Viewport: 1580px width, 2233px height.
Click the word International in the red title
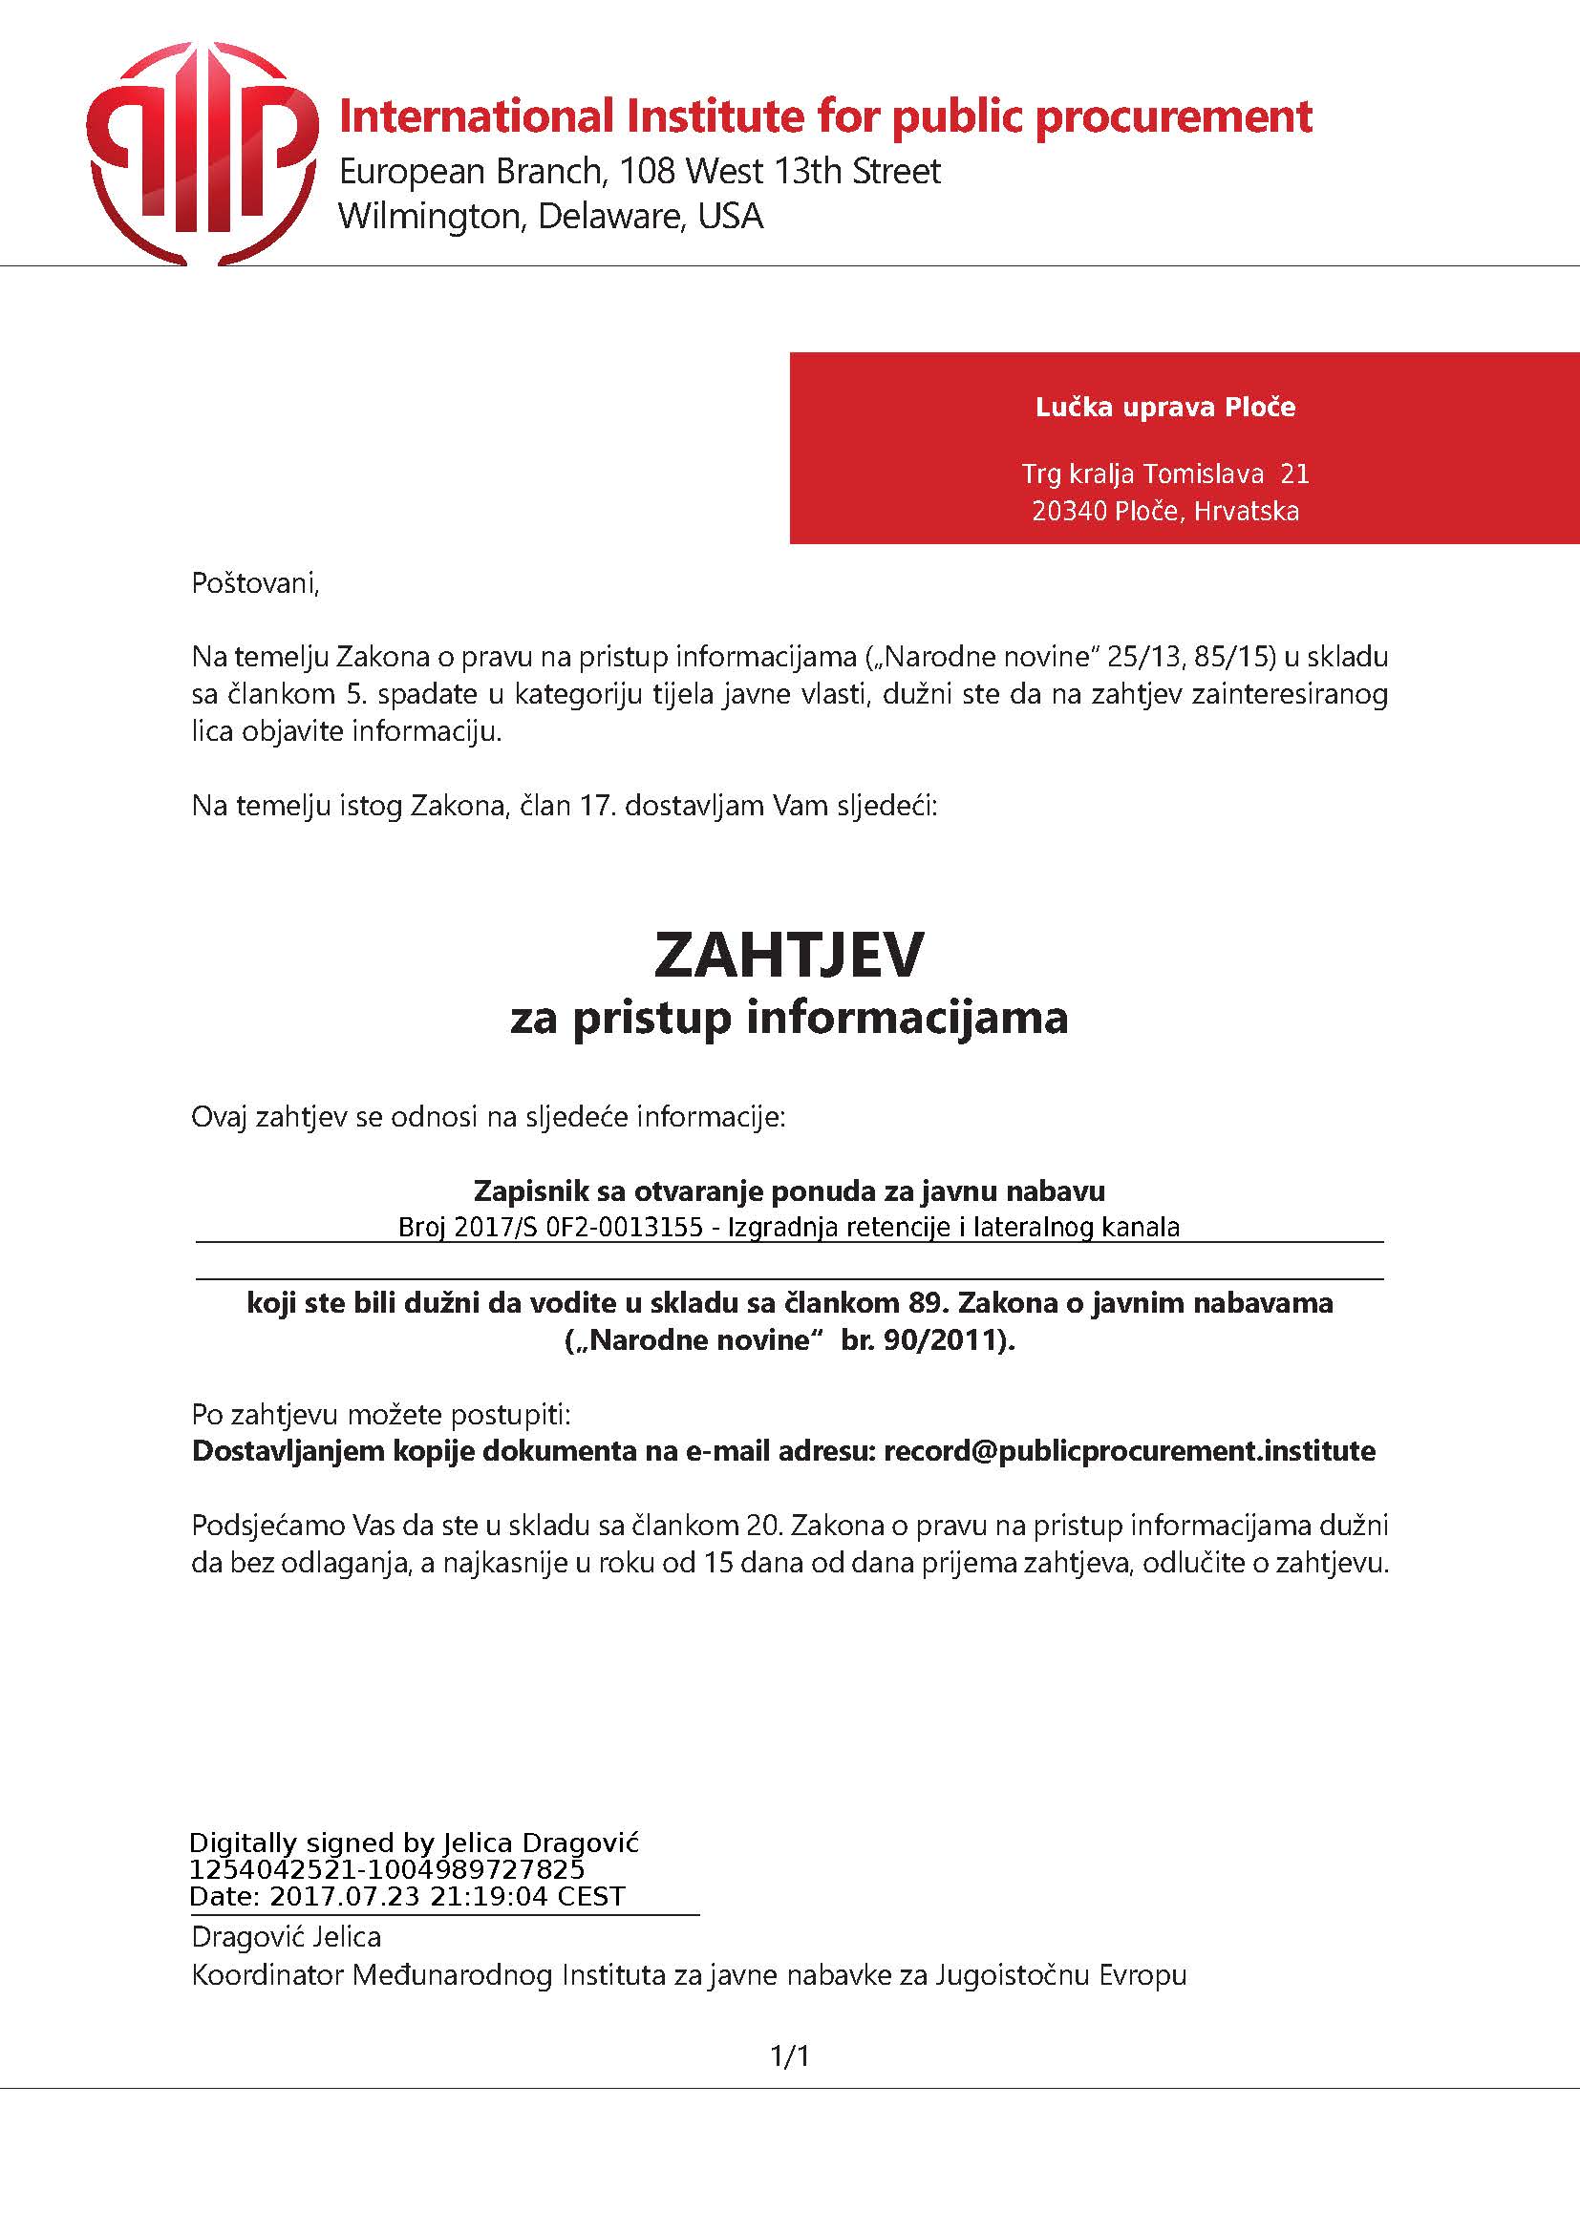pos(476,116)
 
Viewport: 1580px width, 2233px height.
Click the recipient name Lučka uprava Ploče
pos(1164,407)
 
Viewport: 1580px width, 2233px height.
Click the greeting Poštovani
pos(255,583)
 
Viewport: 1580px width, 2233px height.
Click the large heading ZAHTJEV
pos(789,955)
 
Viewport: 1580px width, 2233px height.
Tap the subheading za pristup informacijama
pos(789,1019)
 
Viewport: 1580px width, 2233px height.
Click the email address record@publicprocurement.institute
pos(1128,1451)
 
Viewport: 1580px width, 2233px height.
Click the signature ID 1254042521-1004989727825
pos(386,1869)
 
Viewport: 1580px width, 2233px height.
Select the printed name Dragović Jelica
pos(286,1937)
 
